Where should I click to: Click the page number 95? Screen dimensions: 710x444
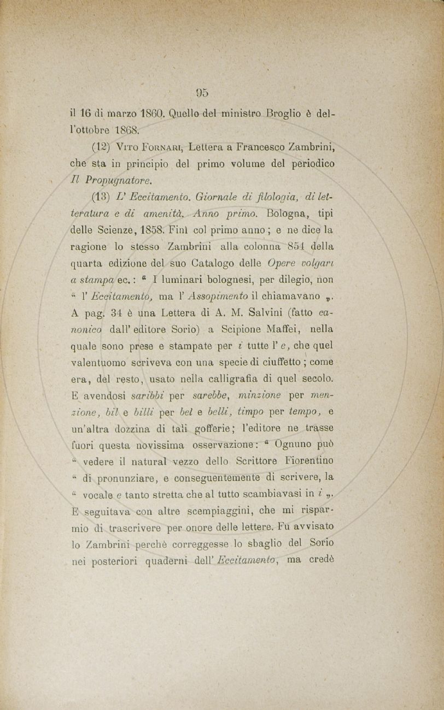tap(201, 92)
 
